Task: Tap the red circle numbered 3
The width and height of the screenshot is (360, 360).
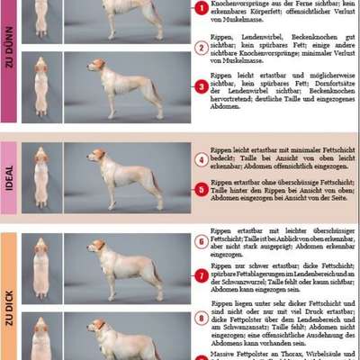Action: [202, 85]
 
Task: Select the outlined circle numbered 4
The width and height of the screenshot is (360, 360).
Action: [202, 159]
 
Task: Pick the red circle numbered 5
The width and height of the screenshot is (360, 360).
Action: [202, 190]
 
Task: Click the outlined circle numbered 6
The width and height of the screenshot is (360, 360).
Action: [202, 241]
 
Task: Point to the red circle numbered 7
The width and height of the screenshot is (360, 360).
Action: [202, 275]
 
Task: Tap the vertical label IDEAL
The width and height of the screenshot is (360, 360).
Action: [9, 177]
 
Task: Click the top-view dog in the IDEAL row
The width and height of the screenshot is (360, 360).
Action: [40, 177]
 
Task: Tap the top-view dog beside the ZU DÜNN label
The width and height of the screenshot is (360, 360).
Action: [40, 85]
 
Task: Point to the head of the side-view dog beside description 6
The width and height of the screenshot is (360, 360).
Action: [97, 245]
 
